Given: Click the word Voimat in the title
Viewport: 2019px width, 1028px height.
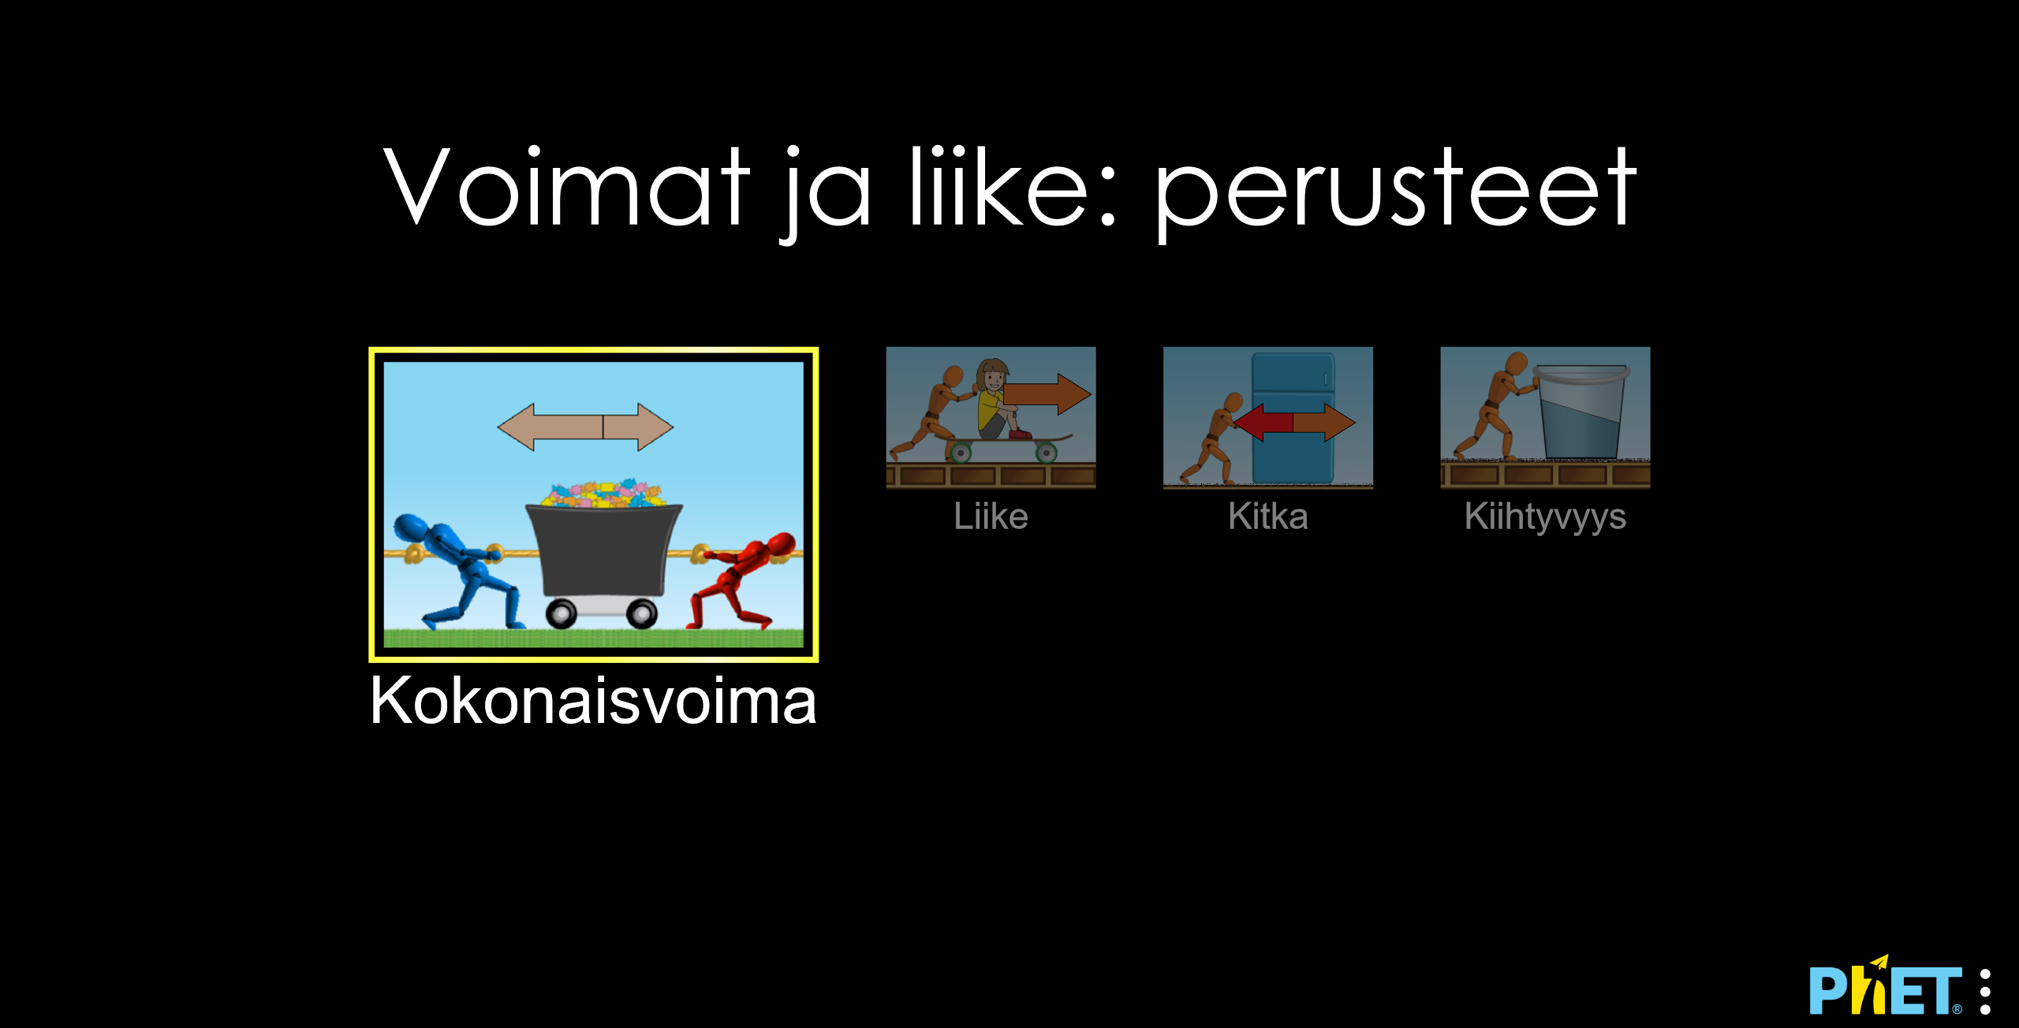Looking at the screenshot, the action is click(x=566, y=187).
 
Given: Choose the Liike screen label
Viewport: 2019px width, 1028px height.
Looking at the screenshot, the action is click(x=991, y=516).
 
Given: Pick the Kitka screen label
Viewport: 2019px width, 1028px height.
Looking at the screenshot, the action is click(x=1268, y=516).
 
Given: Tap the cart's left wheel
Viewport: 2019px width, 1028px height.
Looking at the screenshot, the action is click(x=561, y=613).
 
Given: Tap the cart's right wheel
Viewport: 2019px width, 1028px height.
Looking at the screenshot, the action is click(x=641, y=613).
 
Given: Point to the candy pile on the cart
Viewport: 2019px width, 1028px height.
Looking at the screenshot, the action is click(x=603, y=494).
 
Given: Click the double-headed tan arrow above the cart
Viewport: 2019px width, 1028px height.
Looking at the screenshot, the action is click(x=585, y=426).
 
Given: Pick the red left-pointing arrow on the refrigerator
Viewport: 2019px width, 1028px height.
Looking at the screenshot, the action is click(x=1263, y=423).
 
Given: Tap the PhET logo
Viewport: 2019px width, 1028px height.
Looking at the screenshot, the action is click(x=1886, y=985).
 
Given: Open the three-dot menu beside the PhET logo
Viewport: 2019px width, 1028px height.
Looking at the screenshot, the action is click(x=1985, y=992).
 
